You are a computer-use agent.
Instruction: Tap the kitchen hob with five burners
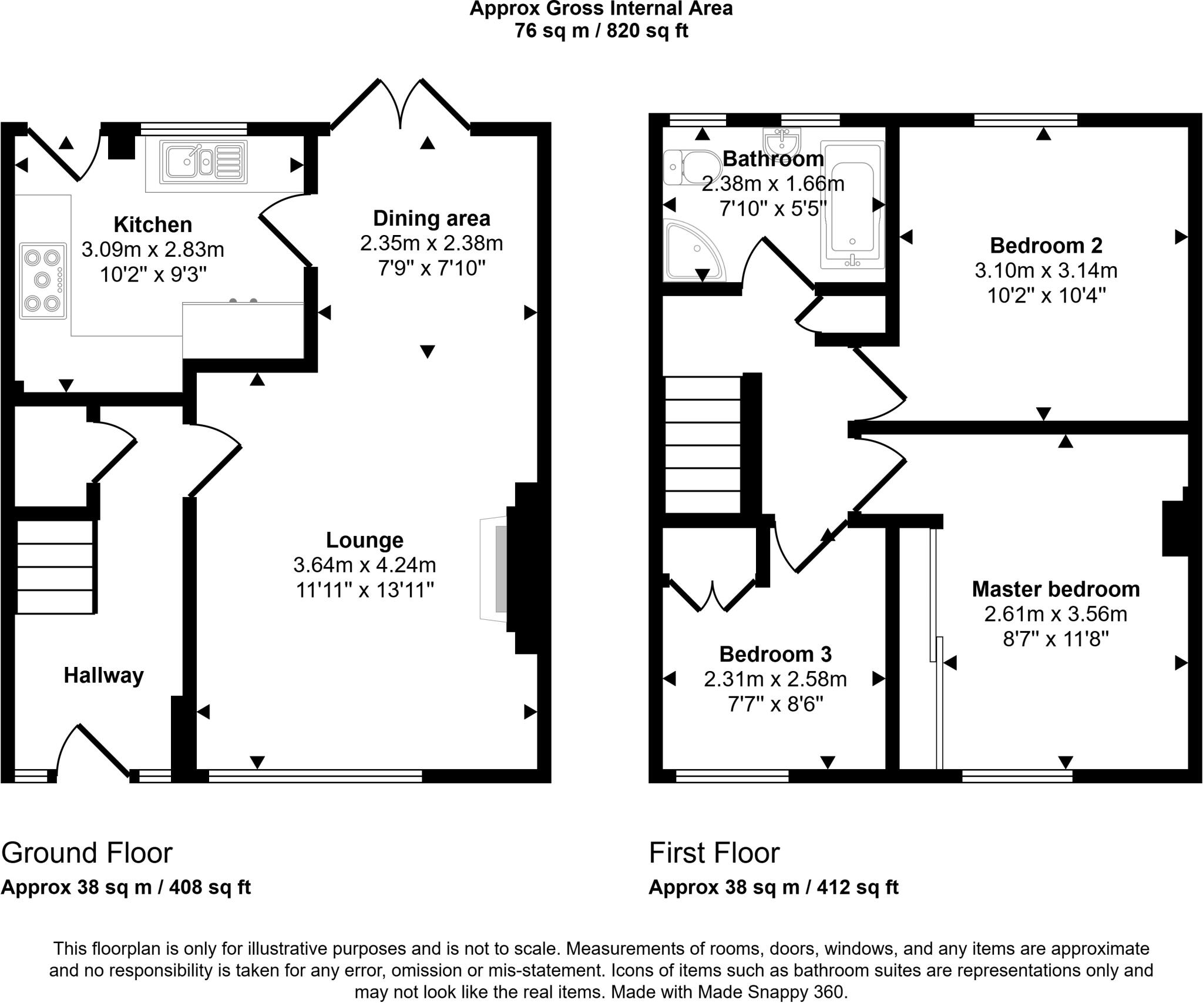click(x=43, y=281)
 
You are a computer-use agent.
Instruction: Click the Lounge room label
click(x=364, y=540)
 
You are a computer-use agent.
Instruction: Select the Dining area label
click(x=431, y=219)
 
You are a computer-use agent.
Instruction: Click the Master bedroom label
click(x=1056, y=589)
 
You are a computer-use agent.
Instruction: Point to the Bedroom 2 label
click(x=1046, y=245)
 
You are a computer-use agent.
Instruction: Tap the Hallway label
click(x=103, y=675)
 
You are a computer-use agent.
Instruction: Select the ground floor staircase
click(x=55, y=568)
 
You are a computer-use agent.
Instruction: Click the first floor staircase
click(x=703, y=445)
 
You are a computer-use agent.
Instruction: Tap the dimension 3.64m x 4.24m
click(x=364, y=565)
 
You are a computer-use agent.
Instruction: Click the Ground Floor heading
click(x=87, y=853)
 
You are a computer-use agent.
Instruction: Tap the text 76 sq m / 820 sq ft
click(x=601, y=31)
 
